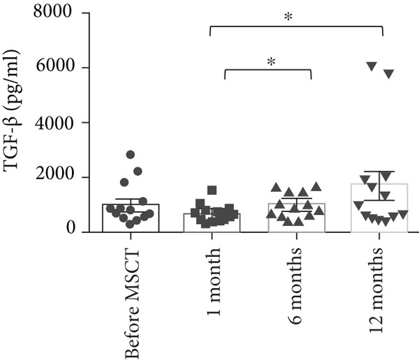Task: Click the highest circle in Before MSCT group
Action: [x=130, y=155]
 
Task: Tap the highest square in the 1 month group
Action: [x=212, y=190]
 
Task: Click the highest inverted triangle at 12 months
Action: [x=372, y=66]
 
